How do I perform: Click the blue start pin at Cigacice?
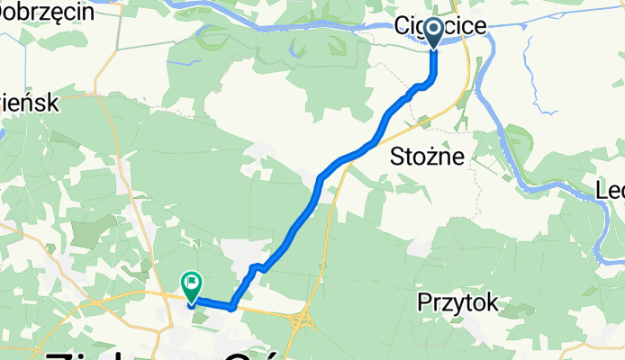(x=434, y=33)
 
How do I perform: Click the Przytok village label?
(x=458, y=304)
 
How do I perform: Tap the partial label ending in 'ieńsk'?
(x=29, y=103)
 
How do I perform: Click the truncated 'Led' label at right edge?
(x=611, y=191)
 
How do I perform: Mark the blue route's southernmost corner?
(x=231, y=307)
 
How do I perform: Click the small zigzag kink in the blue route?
(x=257, y=266)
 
